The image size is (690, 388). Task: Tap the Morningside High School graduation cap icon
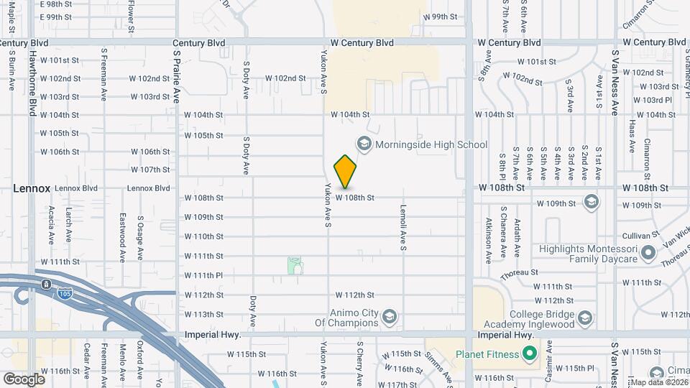click(x=364, y=144)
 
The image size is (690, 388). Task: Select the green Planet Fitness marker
click(x=530, y=354)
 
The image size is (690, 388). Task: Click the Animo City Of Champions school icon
click(x=389, y=316)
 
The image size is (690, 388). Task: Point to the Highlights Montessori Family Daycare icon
click(x=648, y=252)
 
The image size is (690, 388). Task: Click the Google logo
click(x=24, y=379)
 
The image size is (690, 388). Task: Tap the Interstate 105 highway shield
click(x=46, y=285)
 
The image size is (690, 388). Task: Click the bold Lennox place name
click(x=32, y=188)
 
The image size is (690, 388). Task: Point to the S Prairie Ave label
click(x=176, y=76)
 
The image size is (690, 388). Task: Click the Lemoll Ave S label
click(x=404, y=228)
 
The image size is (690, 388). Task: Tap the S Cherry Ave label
click(x=359, y=364)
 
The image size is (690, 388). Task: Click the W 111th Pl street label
click(x=204, y=275)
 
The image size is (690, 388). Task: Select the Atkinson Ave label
click(x=488, y=238)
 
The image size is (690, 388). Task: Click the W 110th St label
click(x=204, y=236)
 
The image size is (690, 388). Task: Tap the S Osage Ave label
click(x=141, y=238)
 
